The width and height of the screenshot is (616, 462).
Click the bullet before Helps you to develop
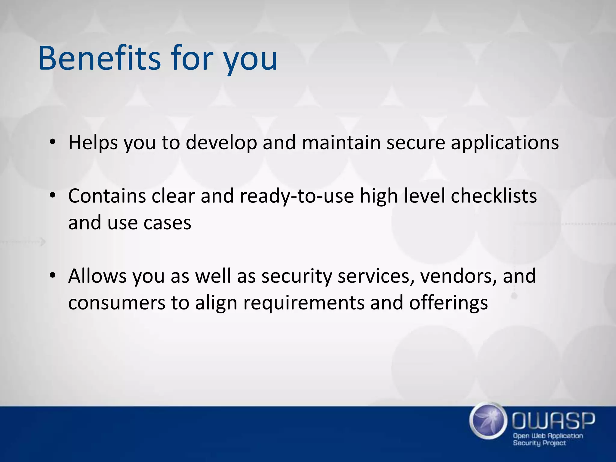[x=53, y=142]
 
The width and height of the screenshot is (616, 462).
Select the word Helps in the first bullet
[x=93, y=143]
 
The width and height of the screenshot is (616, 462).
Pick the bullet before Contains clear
[x=53, y=196]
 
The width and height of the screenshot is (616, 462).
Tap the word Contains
[x=107, y=196]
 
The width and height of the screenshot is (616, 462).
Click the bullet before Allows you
[x=53, y=276]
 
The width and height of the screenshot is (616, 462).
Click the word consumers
[x=117, y=303]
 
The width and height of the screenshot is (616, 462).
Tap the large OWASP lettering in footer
[x=553, y=421]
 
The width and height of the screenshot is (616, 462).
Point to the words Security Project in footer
[x=539, y=443]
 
